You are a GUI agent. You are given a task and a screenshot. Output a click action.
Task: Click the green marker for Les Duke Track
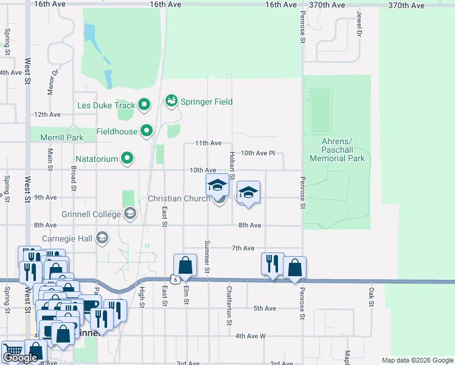144,105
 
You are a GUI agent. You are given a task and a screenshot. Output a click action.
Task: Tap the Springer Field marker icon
171,101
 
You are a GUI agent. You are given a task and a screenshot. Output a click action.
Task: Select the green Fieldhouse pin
147,130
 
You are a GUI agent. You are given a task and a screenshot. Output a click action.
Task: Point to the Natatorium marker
127,159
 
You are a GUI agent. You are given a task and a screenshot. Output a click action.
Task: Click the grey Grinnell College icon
130,213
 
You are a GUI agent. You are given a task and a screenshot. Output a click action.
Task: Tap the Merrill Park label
62,137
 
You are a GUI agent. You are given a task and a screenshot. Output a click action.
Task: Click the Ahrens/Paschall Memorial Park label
337,150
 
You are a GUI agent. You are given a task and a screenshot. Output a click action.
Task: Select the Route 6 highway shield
175,279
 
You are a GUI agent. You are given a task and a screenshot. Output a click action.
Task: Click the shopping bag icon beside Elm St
185,265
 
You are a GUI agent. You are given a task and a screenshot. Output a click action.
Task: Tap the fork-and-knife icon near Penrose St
272,263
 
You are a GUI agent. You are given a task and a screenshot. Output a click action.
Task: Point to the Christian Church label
179,198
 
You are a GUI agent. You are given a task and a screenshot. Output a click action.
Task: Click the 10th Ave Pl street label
259,153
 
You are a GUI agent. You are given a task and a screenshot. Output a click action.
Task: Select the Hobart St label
232,162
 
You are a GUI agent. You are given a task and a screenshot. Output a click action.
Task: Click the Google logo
20,358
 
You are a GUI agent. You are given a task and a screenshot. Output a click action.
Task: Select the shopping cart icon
12,350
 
